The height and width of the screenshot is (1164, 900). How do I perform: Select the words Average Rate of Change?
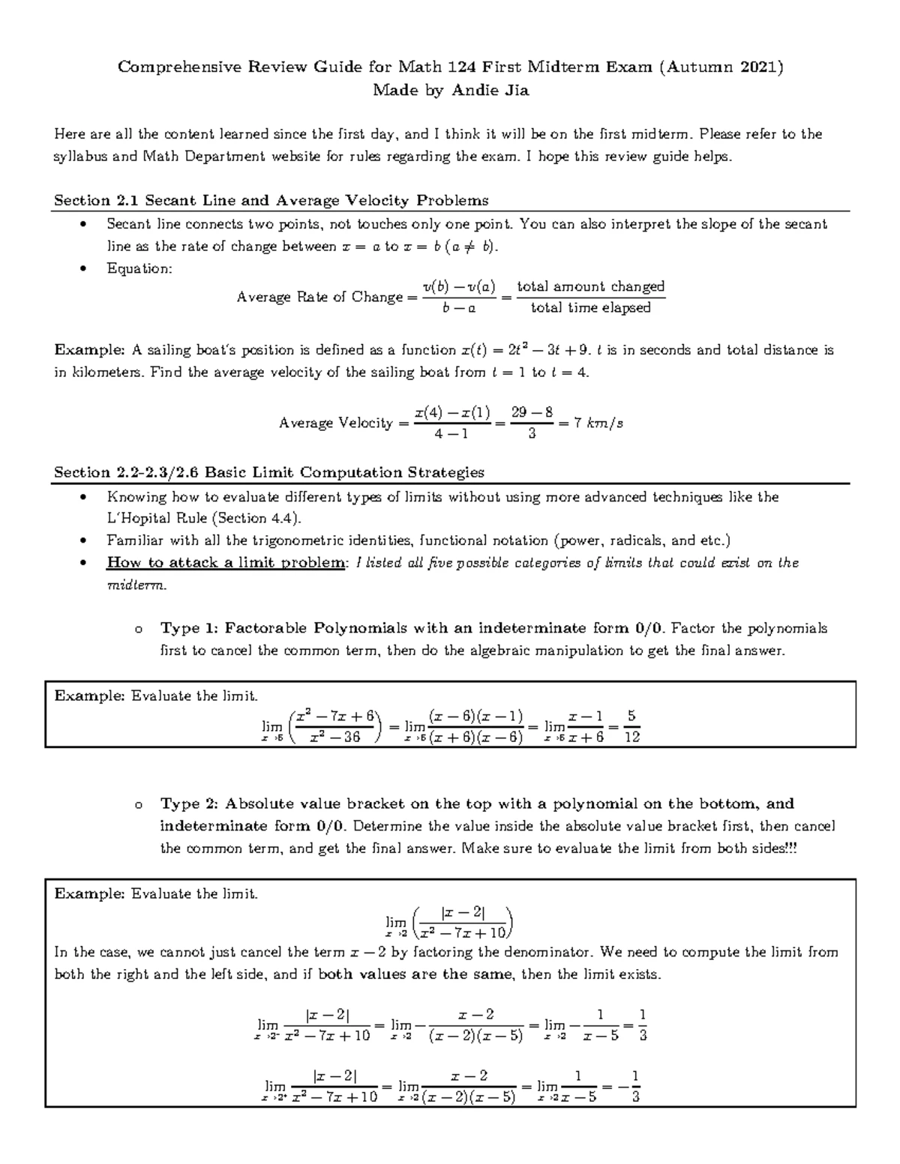coord(319,298)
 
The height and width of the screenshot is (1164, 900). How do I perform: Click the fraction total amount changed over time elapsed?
coord(590,297)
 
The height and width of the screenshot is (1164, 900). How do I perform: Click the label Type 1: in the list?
coord(190,628)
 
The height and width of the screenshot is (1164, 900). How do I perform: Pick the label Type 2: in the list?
coord(190,804)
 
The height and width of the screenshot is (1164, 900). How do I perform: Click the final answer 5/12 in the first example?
coord(631,727)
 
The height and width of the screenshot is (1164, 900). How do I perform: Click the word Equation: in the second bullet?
coord(139,268)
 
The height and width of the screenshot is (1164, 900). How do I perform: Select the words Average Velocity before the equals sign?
coord(335,423)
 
